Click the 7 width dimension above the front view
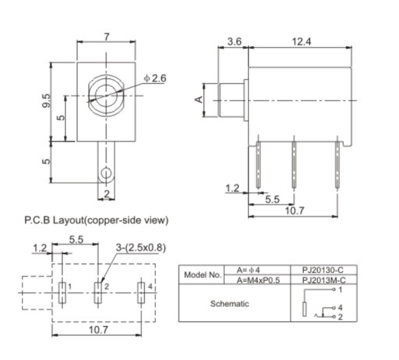pyautogui.click(x=106, y=37)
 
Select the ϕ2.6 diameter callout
pyautogui.click(x=155, y=78)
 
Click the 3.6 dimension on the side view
pyautogui.click(x=234, y=42)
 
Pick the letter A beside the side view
pyautogui.click(x=199, y=99)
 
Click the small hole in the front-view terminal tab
pyautogui.click(x=106, y=173)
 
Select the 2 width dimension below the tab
pyautogui.click(x=106, y=194)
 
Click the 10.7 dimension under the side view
pyautogui.click(x=294, y=211)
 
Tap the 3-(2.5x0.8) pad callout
pyautogui.click(x=140, y=247)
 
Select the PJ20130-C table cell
pyautogui.click(x=323, y=270)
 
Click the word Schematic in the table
pyautogui.click(x=229, y=303)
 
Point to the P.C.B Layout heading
pyautogui.click(x=97, y=221)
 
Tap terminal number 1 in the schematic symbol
pyautogui.click(x=340, y=289)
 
